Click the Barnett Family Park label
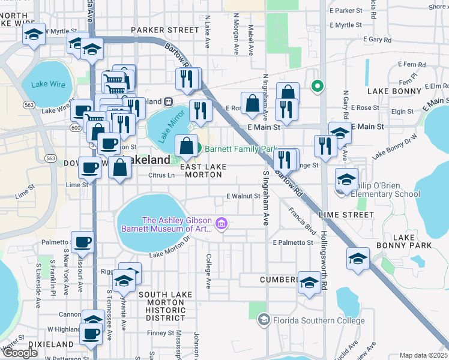pyautogui.click(x=240, y=149)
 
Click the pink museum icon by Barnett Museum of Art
pyautogui.click(x=222, y=224)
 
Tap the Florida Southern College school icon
pyautogui.click(x=263, y=320)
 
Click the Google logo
pyautogui.click(x=20, y=353)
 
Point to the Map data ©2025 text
pyautogui.click(x=423, y=355)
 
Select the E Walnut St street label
pyautogui.click(x=243, y=196)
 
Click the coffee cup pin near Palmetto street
pyautogui.click(x=82, y=242)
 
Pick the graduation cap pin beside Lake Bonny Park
pyautogui.click(x=358, y=259)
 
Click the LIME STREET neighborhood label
pyautogui.click(x=355, y=214)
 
